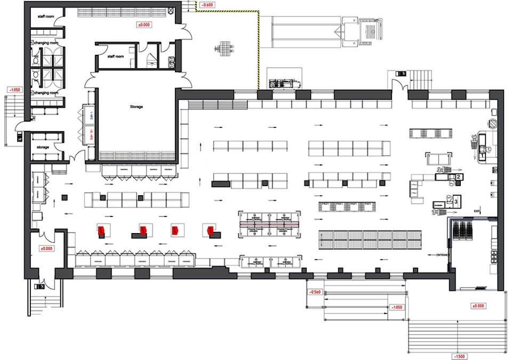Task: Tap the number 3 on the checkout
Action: tap(456, 202)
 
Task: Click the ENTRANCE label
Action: tap(443, 255)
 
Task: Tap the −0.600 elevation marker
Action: tap(206, 6)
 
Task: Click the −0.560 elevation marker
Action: tap(313, 292)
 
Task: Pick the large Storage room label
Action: tap(136, 107)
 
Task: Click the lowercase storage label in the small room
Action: tap(43, 147)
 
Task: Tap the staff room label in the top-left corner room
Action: tap(45, 17)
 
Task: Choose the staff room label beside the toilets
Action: tap(116, 56)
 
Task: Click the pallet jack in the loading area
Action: tap(224, 48)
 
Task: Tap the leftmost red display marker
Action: tap(100, 230)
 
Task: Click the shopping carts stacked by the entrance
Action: tap(462, 230)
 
